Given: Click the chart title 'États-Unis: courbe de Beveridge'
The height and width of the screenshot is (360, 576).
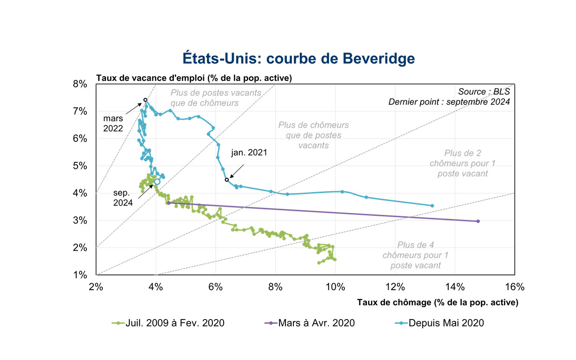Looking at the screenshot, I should point(298,59).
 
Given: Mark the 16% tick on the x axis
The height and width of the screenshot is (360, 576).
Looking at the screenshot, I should point(515,287).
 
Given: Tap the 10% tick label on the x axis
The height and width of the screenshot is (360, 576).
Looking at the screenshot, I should point(335,287).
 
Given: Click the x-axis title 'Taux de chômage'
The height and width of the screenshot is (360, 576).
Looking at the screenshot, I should point(437,302).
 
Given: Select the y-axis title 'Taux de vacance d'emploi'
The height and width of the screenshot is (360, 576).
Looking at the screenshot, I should point(194,78).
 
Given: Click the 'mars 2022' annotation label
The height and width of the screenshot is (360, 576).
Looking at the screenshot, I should point(113,123).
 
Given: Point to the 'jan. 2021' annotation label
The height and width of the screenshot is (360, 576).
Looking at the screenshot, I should point(249,152).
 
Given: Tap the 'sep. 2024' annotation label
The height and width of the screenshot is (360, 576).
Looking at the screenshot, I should point(123,197).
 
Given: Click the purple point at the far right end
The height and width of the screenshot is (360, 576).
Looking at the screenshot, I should point(478,221).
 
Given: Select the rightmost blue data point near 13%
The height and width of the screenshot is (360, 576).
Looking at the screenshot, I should point(432,206).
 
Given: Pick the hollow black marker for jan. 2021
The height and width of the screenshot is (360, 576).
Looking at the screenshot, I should point(227,180).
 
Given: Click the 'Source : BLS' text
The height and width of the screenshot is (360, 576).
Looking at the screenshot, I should point(484,92).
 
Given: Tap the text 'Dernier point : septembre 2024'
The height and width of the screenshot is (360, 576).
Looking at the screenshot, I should point(449,101).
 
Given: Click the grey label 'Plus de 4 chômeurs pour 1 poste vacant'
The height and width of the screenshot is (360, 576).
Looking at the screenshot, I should point(416,255).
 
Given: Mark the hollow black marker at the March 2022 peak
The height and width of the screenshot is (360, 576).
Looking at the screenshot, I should point(146,100).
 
